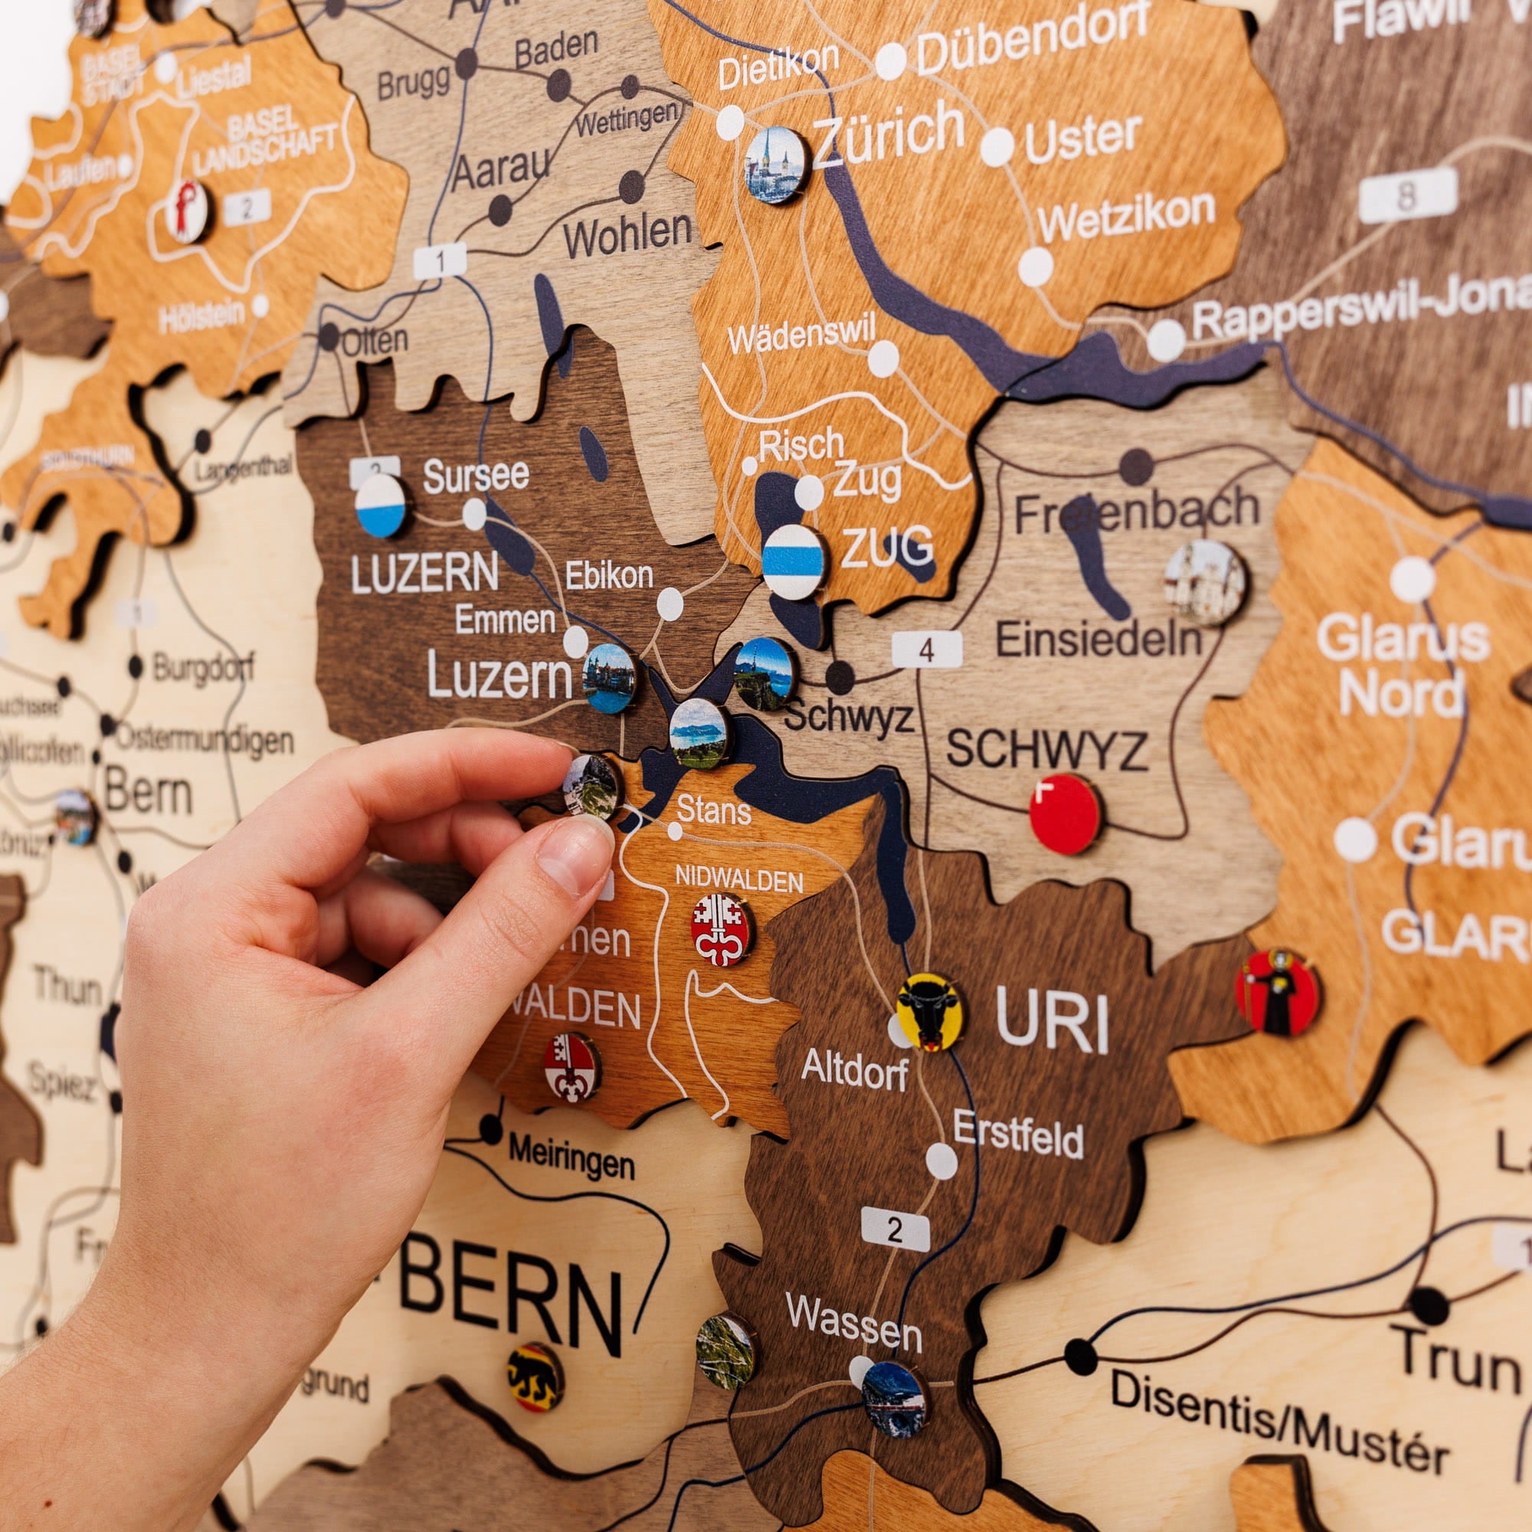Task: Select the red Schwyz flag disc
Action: point(1065,814)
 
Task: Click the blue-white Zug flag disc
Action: point(793,561)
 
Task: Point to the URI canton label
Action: point(1052,1021)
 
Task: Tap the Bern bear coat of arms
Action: point(535,1377)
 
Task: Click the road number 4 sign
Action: point(926,650)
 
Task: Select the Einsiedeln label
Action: point(1098,639)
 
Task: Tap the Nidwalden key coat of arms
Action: point(720,930)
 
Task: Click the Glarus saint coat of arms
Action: point(1277,993)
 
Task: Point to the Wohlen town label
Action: point(627,234)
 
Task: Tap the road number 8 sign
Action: point(1407,195)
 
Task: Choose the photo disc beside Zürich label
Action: point(775,165)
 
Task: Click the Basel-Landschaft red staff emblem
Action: point(187,211)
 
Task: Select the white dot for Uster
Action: point(997,147)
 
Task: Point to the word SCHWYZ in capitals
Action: point(1046,749)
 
